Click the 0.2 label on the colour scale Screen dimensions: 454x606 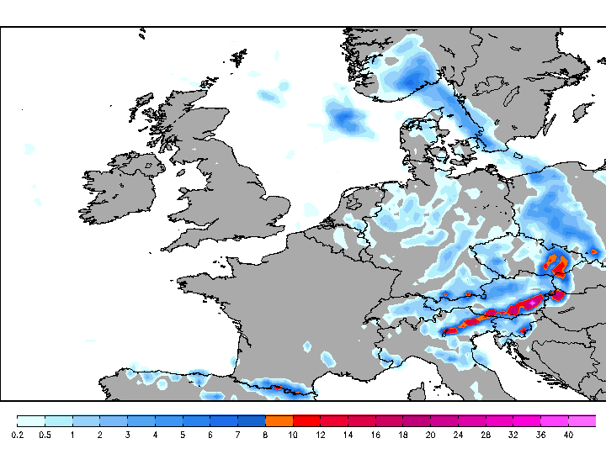coord(17,435)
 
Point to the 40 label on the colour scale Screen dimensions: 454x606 coord(568,435)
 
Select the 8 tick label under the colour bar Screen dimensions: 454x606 coord(265,435)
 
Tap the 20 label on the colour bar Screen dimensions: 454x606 coord(430,435)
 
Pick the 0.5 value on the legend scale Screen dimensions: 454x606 coord(45,435)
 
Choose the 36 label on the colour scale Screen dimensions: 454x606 coord(540,435)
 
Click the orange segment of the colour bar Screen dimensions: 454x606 coord(279,420)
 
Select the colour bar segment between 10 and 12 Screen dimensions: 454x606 coord(306,420)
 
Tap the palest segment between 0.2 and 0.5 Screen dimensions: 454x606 coord(30,420)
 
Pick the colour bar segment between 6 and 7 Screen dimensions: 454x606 coord(224,420)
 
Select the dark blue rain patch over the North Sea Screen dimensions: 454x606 coord(343,117)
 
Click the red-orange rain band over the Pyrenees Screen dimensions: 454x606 coord(278,388)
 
